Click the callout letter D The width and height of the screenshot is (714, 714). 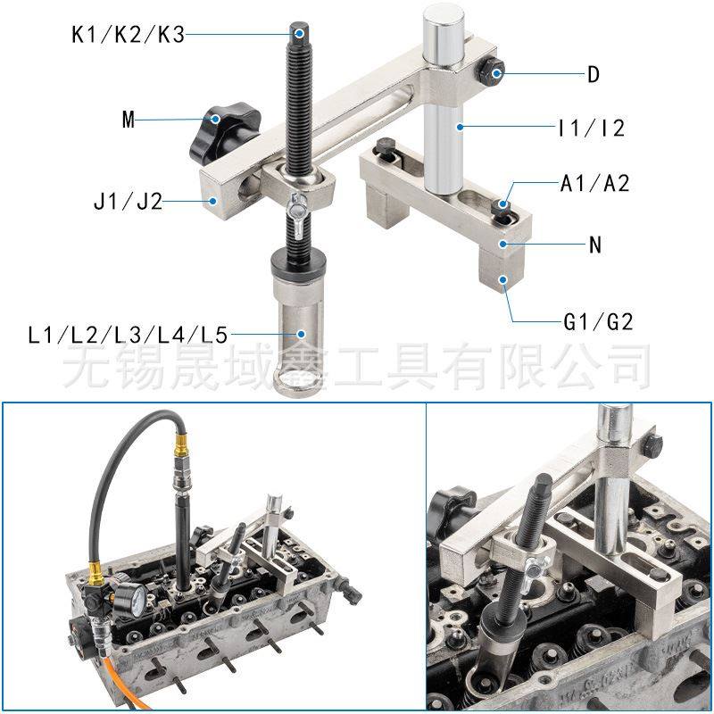[594, 74]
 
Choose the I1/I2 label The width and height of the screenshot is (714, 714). [590, 129]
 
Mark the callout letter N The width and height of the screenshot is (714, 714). [595, 243]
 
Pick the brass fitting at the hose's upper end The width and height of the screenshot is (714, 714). [182, 440]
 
